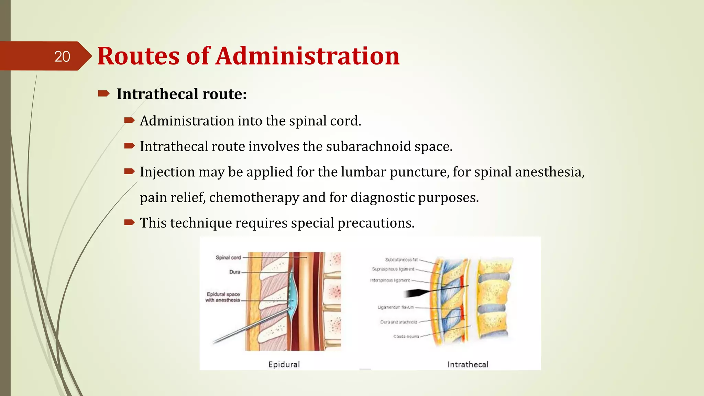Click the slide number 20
point(62,57)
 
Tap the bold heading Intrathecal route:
point(181,94)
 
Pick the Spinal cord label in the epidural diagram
point(228,257)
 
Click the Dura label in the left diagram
point(235,272)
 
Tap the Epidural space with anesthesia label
point(223,297)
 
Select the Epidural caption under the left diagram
point(284,364)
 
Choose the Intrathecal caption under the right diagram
point(468,364)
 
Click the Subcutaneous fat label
point(401,260)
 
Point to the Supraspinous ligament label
point(393,269)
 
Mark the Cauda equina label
point(406,337)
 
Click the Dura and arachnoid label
point(398,322)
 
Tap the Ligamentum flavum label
point(395,307)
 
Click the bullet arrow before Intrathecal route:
point(103,93)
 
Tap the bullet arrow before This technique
point(129,223)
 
